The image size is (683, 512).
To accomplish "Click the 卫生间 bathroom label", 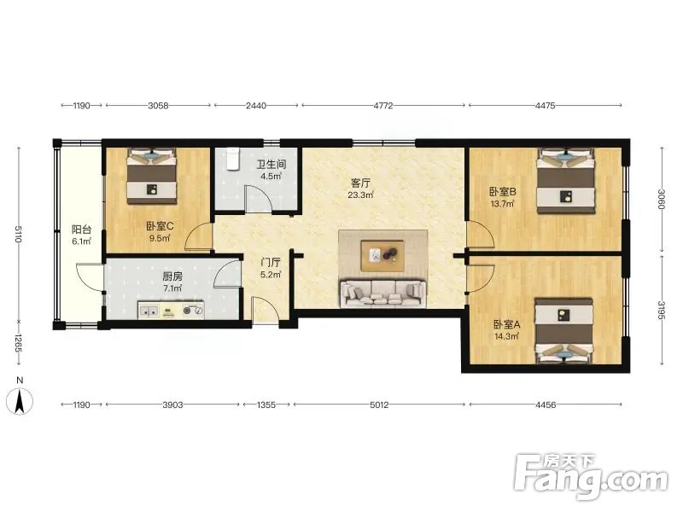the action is point(271,165).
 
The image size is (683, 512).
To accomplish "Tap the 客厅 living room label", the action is point(360,183).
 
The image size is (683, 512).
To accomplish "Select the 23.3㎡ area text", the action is point(360,195).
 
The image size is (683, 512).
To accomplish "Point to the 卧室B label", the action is point(503,191).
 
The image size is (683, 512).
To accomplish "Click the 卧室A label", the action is point(506,324).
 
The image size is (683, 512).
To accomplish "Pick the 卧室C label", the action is point(160,226).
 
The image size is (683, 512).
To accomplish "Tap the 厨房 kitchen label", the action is point(172,276).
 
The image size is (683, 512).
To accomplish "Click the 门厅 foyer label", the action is point(271,263).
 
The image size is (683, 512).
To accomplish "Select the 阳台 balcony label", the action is point(81,230).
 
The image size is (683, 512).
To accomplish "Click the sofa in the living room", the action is point(382,294).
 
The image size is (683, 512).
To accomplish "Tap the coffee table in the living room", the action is point(382,255).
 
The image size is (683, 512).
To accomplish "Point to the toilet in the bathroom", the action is point(233,159).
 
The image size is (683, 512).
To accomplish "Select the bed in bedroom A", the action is point(564,331).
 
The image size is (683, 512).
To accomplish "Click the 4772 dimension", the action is point(383,105).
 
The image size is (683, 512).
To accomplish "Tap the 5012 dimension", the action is point(379,404).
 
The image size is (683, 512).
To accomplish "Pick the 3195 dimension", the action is point(662,311).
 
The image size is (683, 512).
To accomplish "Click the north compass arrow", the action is point(19,402).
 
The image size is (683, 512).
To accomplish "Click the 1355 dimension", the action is point(266,404).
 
